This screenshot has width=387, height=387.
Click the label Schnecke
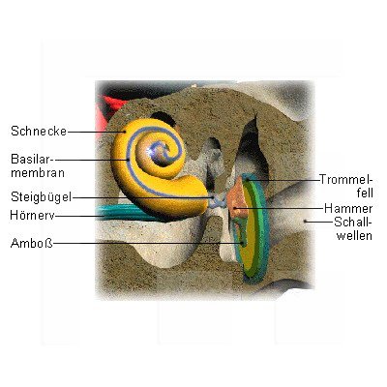pyautogui.click(x=39, y=131)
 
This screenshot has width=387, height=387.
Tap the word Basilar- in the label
pyautogui.click(x=33, y=159)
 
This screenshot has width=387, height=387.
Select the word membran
pyautogui.click(x=38, y=172)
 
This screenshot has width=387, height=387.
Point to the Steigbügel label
pyautogui.click(x=41, y=196)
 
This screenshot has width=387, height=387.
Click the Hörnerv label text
pyautogui.click(x=32, y=215)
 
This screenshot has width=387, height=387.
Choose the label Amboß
pyautogui.click(x=32, y=243)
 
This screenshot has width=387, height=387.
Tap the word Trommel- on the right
pyautogui.click(x=346, y=179)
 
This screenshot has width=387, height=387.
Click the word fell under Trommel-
pyautogui.click(x=365, y=193)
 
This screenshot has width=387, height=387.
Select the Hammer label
pyautogui.click(x=348, y=208)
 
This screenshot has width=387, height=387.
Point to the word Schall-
pyautogui.click(x=353, y=223)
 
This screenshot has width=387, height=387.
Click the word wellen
pyautogui.click(x=354, y=235)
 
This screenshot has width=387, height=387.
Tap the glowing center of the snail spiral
pyautogui.click(x=155, y=149)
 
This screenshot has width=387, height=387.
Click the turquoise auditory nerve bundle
pyautogui.click(x=129, y=213)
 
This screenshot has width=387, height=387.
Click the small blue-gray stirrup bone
pyautogui.click(x=218, y=201)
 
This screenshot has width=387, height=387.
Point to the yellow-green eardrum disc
pyautogui.click(x=254, y=229)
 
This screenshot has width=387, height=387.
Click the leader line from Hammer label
pyautogui.click(x=279, y=208)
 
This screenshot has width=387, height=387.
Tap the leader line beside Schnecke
pyautogui.click(x=96, y=132)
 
